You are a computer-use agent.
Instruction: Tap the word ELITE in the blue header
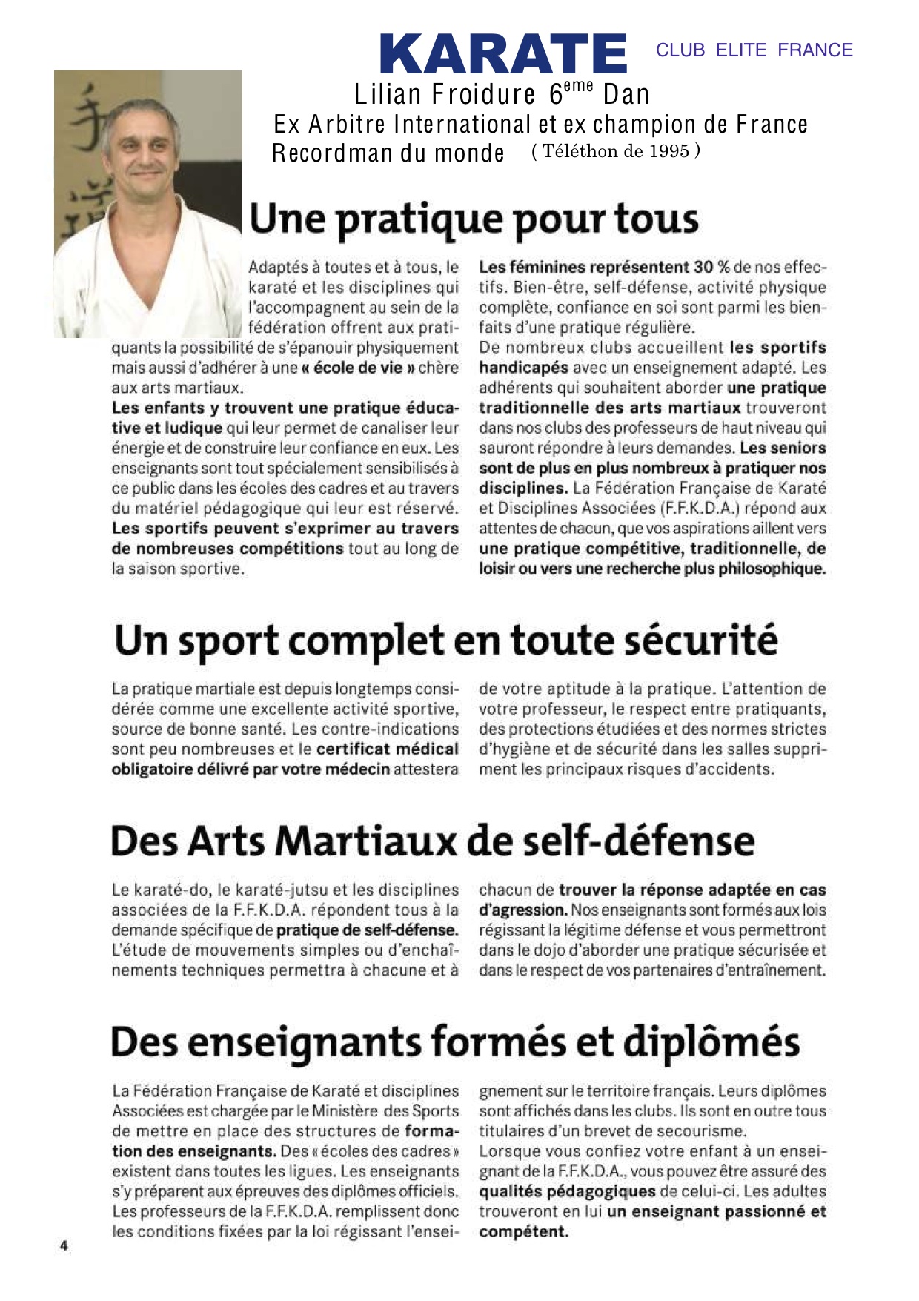pos(740,50)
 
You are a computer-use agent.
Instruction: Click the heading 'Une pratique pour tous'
pos(474,219)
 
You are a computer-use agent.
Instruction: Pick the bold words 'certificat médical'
pos(387,749)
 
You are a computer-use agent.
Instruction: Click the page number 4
pos(64,1245)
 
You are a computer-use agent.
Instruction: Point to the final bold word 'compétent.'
pos(523,1232)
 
